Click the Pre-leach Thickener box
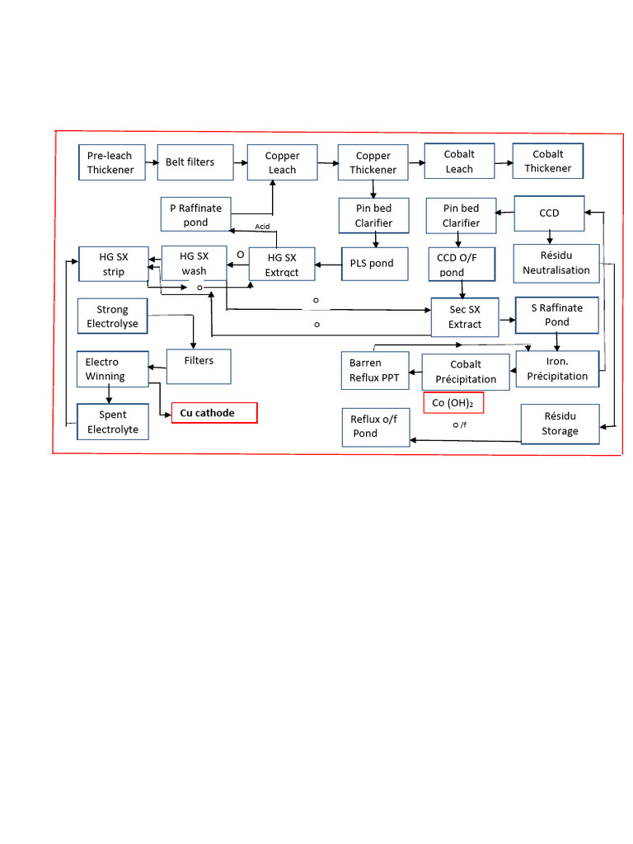111,162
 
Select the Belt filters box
190,162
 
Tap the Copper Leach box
282,162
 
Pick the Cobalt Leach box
459,162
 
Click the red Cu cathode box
214,413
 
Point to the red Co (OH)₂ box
453,403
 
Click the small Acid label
262,226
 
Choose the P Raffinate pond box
196,214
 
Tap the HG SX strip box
114,265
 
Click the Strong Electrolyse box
113,316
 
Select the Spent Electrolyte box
113,422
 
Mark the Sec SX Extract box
465,317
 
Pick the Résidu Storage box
560,424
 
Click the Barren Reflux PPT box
375,370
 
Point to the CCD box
549,213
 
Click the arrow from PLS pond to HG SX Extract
329,265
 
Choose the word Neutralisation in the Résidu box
556,270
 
